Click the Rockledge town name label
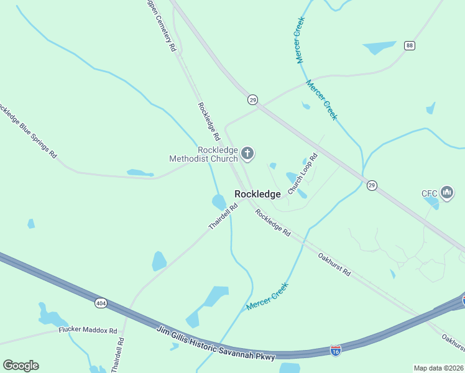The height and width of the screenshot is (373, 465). point(257,194)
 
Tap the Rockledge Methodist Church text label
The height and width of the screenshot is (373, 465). point(204,154)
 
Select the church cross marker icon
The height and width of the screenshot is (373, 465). point(247,153)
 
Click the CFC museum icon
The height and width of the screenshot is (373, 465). point(447,193)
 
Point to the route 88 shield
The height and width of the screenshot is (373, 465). point(409,45)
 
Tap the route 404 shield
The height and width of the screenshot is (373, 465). point(101,303)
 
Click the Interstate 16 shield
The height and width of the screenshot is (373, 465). point(336,351)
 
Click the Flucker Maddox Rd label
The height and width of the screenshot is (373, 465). point(88,330)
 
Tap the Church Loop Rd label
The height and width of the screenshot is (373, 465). point(303,172)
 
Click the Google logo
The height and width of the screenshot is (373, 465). point(21,366)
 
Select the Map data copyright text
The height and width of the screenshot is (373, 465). point(438,368)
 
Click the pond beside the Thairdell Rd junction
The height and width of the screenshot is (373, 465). point(219,201)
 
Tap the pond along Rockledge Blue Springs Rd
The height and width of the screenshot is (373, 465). point(139,173)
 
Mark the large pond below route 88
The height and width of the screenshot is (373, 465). point(379,48)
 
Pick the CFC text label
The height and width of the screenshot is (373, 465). point(430,193)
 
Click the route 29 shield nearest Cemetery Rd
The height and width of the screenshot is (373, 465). point(252,99)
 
